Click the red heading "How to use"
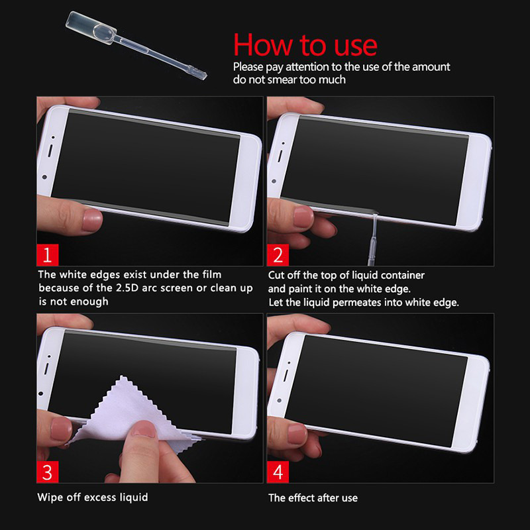click(x=305, y=45)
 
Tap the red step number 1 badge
click(x=47, y=255)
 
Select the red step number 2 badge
click(x=278, y=255)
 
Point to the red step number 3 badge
click(x=47, y=472)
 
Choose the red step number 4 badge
click(x=278, y=472)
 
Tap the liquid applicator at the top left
click(x=135, y=45)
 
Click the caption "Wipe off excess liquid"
click(x=93, y=498)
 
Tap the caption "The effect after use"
click(x=313, y=498)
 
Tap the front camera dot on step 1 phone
click(x=44, y=177)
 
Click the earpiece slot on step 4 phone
click(x=286, y=375)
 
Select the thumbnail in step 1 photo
click(x=92, y=220)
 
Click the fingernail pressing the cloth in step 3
click(x=144, y=431)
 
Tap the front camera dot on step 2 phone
click(x=274, y=182)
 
